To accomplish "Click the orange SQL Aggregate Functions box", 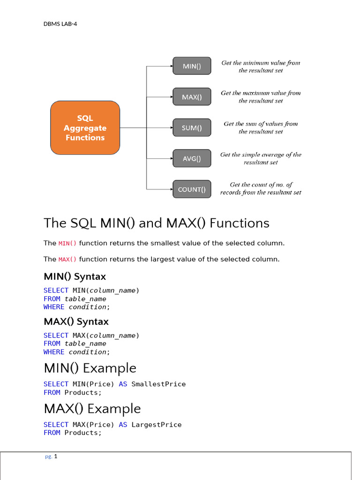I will pos(85,127).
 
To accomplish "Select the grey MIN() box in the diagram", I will pos(192,66).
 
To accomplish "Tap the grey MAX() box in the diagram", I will pos(192,97).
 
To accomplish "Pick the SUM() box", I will pos(192,127).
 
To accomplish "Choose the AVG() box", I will pos(192,158).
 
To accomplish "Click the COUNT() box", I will pos(192,189).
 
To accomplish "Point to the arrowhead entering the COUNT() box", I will pos(171,189).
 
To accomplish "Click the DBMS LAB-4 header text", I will pos(60,24).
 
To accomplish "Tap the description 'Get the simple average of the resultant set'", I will pos(261,158).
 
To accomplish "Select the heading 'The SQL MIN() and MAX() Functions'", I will pos(157,223).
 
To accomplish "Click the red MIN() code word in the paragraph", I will pos(67,244).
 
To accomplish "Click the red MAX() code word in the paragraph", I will pos(67,260).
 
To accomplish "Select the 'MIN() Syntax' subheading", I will pos(75,277).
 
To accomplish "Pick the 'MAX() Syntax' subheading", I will pos(76,322).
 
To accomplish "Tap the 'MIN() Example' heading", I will pos(90,368).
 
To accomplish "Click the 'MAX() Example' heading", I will pos(92,409).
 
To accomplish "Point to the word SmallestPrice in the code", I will pos(158,384).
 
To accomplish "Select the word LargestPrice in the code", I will pos(157,425).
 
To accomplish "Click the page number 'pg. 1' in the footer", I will pos(51,457).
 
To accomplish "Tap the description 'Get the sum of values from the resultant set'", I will pos(261,127).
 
